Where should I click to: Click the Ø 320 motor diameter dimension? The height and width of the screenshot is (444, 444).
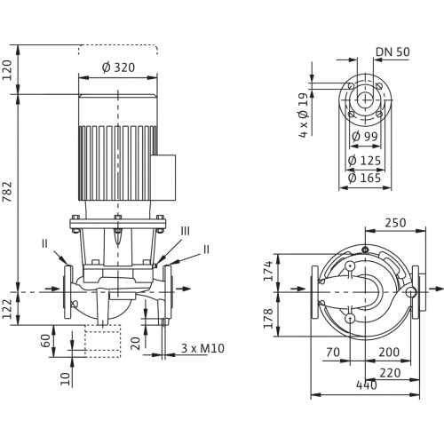coord(118,67)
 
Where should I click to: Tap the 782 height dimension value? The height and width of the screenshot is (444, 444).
coord(8,192)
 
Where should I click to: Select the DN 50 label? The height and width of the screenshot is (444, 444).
coord(392,52)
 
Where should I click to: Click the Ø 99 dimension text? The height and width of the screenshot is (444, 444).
coord(365,137)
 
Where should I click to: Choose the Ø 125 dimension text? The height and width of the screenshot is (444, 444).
coord(364,161)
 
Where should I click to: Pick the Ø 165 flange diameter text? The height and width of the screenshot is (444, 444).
coord(364,178)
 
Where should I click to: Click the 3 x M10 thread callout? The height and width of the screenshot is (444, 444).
coord(202,348)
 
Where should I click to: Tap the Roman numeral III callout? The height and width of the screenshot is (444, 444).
coord(186,231)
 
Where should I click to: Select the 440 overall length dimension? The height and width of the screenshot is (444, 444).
coord(367,385)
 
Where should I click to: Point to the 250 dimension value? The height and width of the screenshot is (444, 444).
coord(395,223)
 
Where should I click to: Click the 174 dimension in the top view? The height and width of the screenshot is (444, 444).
coord(268,271)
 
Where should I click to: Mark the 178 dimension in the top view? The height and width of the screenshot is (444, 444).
coord(268,319)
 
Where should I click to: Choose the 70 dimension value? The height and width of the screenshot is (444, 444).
coord(333,353)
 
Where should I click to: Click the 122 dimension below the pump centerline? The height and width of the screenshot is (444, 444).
coord(8,309)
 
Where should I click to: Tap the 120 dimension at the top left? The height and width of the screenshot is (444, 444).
coord(8,70)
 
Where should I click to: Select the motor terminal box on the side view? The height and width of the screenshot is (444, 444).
coord(163,178)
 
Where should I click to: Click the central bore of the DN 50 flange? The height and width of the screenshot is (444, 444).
coord(365,100)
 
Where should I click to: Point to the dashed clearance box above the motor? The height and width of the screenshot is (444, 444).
coord(118,50)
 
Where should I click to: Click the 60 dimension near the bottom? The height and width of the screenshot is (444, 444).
coord(46,341)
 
